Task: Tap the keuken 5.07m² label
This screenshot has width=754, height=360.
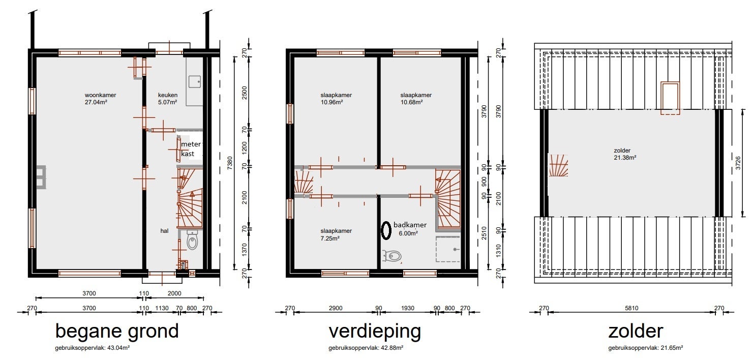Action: [x=168, y=99]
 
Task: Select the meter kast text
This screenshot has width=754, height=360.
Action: [x=191, y=149]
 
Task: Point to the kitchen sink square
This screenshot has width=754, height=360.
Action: [x=195, y=81]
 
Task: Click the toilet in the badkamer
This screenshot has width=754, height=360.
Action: [x=393, y=257]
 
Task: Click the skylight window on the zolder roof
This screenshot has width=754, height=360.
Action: [x=670, y=98]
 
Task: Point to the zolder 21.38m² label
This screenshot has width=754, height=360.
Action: [x=625, y=154]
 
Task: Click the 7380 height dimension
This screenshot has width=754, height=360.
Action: [x=230, y=163]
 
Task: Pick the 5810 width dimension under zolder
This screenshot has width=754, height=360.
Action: [x=631, y=308]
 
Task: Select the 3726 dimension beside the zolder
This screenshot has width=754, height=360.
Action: [x=738, y=163]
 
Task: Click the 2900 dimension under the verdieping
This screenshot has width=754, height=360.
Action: [x=336, y=308]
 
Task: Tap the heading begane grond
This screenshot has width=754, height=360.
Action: [x=117, y=332]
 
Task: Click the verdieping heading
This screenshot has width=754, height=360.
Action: [x=375, y=332]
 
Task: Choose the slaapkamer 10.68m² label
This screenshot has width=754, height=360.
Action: [x=416, y=99]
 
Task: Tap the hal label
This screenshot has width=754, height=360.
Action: [x=164, y=231]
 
